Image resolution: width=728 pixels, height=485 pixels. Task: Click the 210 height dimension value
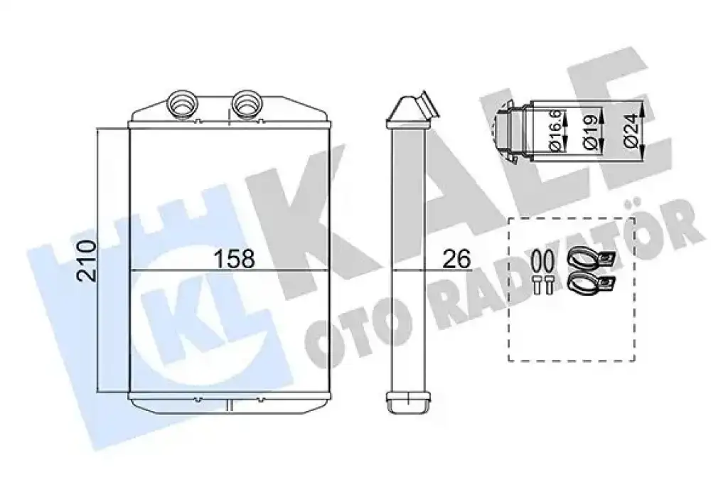click(87, 260)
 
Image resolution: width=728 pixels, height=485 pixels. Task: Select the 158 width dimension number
click(234, 259)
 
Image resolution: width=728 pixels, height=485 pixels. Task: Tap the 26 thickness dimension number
click(456, 259)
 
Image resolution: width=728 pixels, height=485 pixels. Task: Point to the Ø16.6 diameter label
click(557, 129)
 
